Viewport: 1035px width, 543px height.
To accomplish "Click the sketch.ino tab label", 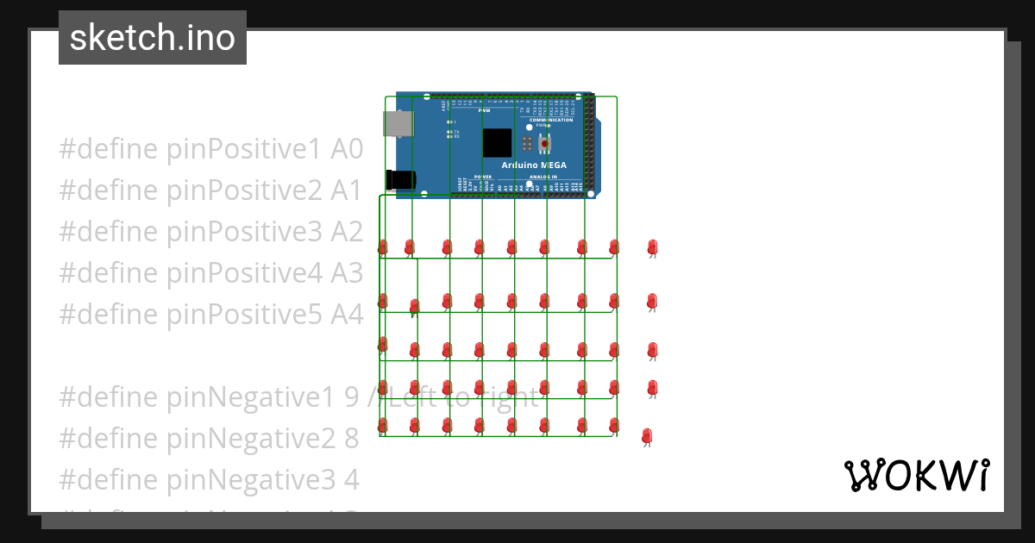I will pos(152,38).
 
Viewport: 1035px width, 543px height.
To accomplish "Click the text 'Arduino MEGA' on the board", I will pos(534,165).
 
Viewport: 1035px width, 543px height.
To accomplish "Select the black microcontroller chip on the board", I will pos(497,142).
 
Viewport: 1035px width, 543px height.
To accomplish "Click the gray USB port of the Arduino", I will pos(398,124).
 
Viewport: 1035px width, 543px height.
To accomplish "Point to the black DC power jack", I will pos(402,180).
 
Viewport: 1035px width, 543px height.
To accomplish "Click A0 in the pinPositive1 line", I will pos(348,149).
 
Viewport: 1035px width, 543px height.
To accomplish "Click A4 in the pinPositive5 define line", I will pos(348,315).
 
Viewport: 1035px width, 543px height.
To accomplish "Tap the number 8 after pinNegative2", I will pos(351,439).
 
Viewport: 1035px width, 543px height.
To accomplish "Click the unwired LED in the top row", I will pos(652,248).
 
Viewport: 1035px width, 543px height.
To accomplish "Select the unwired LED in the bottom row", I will pos(647,436).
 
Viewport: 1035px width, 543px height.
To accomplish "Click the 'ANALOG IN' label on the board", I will pos(543,176).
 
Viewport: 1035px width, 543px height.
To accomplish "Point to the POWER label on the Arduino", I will pos(482,176).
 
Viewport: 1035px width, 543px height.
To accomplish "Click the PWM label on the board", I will pos(484,110).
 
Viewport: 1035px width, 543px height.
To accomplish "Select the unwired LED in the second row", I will pos(652,302).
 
